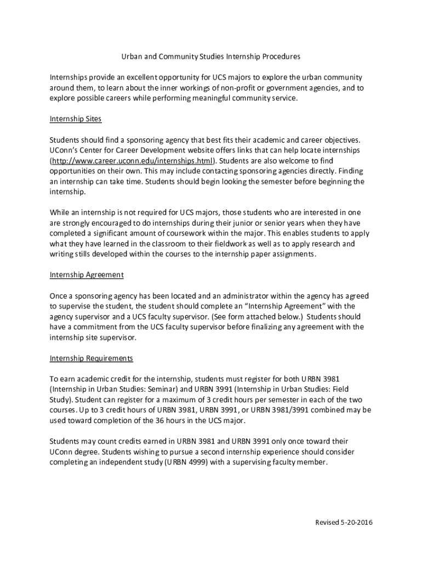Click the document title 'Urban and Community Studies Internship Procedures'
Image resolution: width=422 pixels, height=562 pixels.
click(210, 57)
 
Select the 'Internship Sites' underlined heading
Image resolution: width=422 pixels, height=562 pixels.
click(76, 119)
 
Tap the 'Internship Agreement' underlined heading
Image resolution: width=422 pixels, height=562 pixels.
click(87, 274)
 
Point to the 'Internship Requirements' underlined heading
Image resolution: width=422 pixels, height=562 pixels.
click(92, 358)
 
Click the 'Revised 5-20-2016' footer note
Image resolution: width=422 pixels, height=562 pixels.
click(344, 522)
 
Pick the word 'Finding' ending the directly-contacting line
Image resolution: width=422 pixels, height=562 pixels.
click(351, 171)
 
